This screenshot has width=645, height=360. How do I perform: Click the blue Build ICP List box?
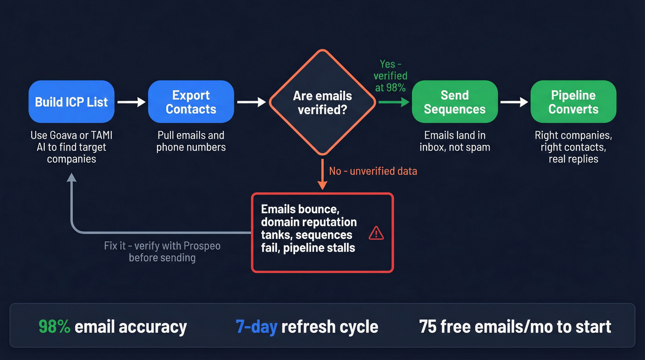click(x=71, y=102)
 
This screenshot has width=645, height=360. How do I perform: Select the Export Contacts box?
click(x=191, y=102)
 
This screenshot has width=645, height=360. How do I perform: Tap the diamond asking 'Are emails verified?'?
click(x=322, y=102)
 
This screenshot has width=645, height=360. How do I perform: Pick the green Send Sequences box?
click(x=454, y=102)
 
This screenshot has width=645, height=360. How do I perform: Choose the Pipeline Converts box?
click(x=573, y=102)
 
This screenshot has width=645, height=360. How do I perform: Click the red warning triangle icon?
click(x=376, y=233)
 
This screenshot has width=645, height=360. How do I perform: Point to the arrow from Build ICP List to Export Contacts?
click(x=131, y=102)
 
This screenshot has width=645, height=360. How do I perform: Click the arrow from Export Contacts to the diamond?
click(x=251, y=102)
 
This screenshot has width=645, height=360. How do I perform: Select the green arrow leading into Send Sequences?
click(x=394, y=102)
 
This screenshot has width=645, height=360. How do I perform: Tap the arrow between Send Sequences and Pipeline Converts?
click(x=514, y=102)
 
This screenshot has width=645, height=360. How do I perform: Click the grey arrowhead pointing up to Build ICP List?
click(x=71, y=179)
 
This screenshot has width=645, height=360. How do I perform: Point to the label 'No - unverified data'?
click(x=373, y=171)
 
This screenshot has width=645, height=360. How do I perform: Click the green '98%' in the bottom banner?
click(x=54, y=326)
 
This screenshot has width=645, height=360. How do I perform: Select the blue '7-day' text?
click(x=256, y=326)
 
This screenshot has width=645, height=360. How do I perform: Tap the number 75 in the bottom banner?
click(x=428, y=326)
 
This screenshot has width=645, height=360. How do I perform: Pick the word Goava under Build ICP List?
click(x=64, y=136)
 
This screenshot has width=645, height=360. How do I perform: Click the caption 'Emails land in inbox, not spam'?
click(x=454, y=142)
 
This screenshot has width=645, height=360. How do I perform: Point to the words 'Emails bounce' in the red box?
click(x=300, y=209)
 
